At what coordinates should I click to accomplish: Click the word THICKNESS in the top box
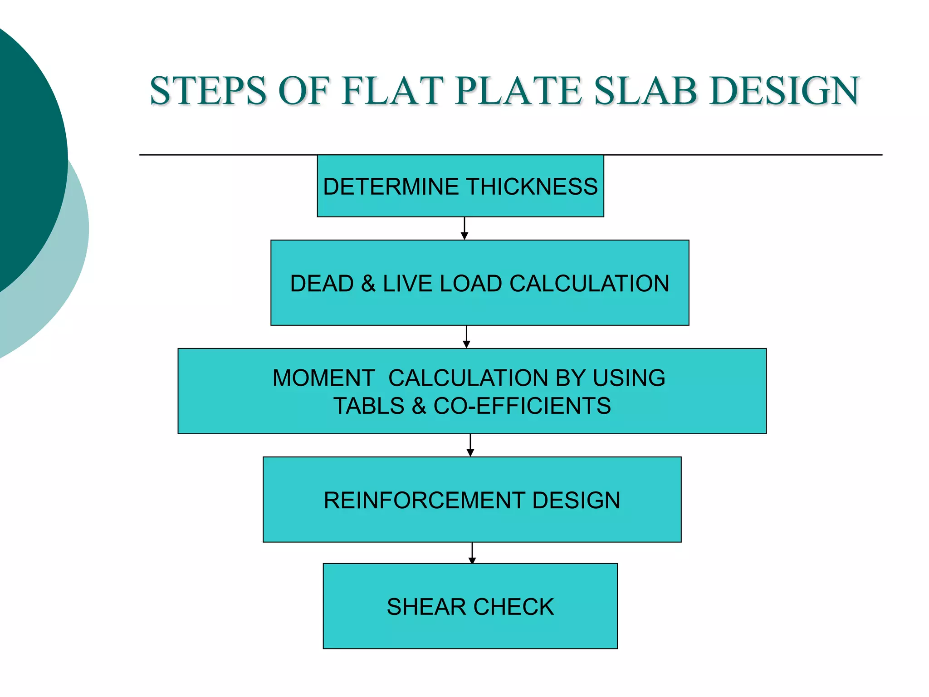pos(532,187)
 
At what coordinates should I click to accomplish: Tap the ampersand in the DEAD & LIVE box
pos(368,284)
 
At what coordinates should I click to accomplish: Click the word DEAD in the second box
pos(322,284)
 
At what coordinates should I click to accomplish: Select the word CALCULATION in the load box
pos(589,284)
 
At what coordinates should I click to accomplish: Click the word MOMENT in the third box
pos(323,378)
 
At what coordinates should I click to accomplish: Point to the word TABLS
pos(369,406)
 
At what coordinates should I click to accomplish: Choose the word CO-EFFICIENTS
pos(522,406)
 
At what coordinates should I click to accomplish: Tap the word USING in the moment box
pos(629,378)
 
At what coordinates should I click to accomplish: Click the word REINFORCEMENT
pos(424,501)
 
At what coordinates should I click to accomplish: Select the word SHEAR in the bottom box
pos(426,607)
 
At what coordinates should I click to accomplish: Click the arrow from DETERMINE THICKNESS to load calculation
pos(464,229)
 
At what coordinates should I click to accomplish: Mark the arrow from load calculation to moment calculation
pos(466,337)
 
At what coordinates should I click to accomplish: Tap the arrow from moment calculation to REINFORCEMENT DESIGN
pos(470,446)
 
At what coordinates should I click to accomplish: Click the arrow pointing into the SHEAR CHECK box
pos(472,553)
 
